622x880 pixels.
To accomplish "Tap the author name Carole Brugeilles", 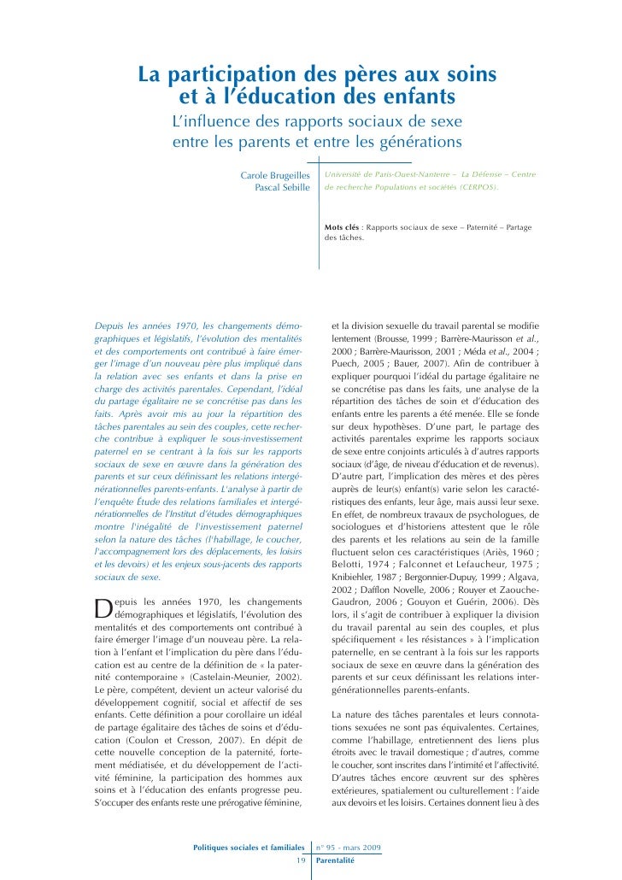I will pyautogui.click(x=275, y=174).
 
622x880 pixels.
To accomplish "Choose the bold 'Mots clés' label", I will pyautogui.click(x=342, y=227).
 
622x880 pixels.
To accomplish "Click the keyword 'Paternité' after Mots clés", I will pyautogui.click(x=477, y=227).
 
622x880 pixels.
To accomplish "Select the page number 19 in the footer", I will pyautogui.click(x=301, y=860).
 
